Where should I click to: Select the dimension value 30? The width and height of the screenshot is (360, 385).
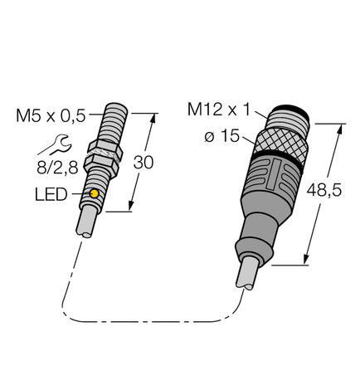144,164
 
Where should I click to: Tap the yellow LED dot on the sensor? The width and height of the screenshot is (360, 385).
95,194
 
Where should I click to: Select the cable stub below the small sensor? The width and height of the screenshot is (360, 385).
88,227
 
